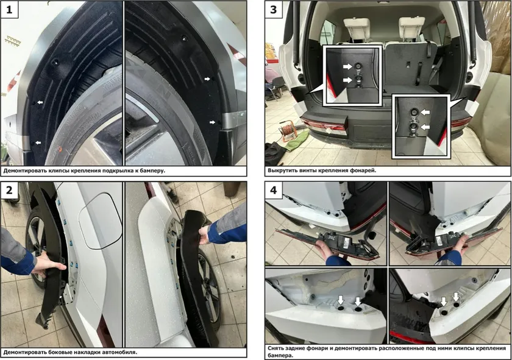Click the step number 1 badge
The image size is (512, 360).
[9, 9]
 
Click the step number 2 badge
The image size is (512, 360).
[9, 189]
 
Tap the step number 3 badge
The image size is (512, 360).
[273, 9]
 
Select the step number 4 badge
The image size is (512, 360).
[273, 189]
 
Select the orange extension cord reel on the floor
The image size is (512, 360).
[290, 130]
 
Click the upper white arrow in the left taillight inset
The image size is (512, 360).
[347, 66]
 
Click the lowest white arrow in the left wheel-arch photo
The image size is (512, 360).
[38, 143]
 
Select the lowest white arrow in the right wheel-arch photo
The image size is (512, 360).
[212, 122]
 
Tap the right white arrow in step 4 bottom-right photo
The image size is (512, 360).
[456, 297]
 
